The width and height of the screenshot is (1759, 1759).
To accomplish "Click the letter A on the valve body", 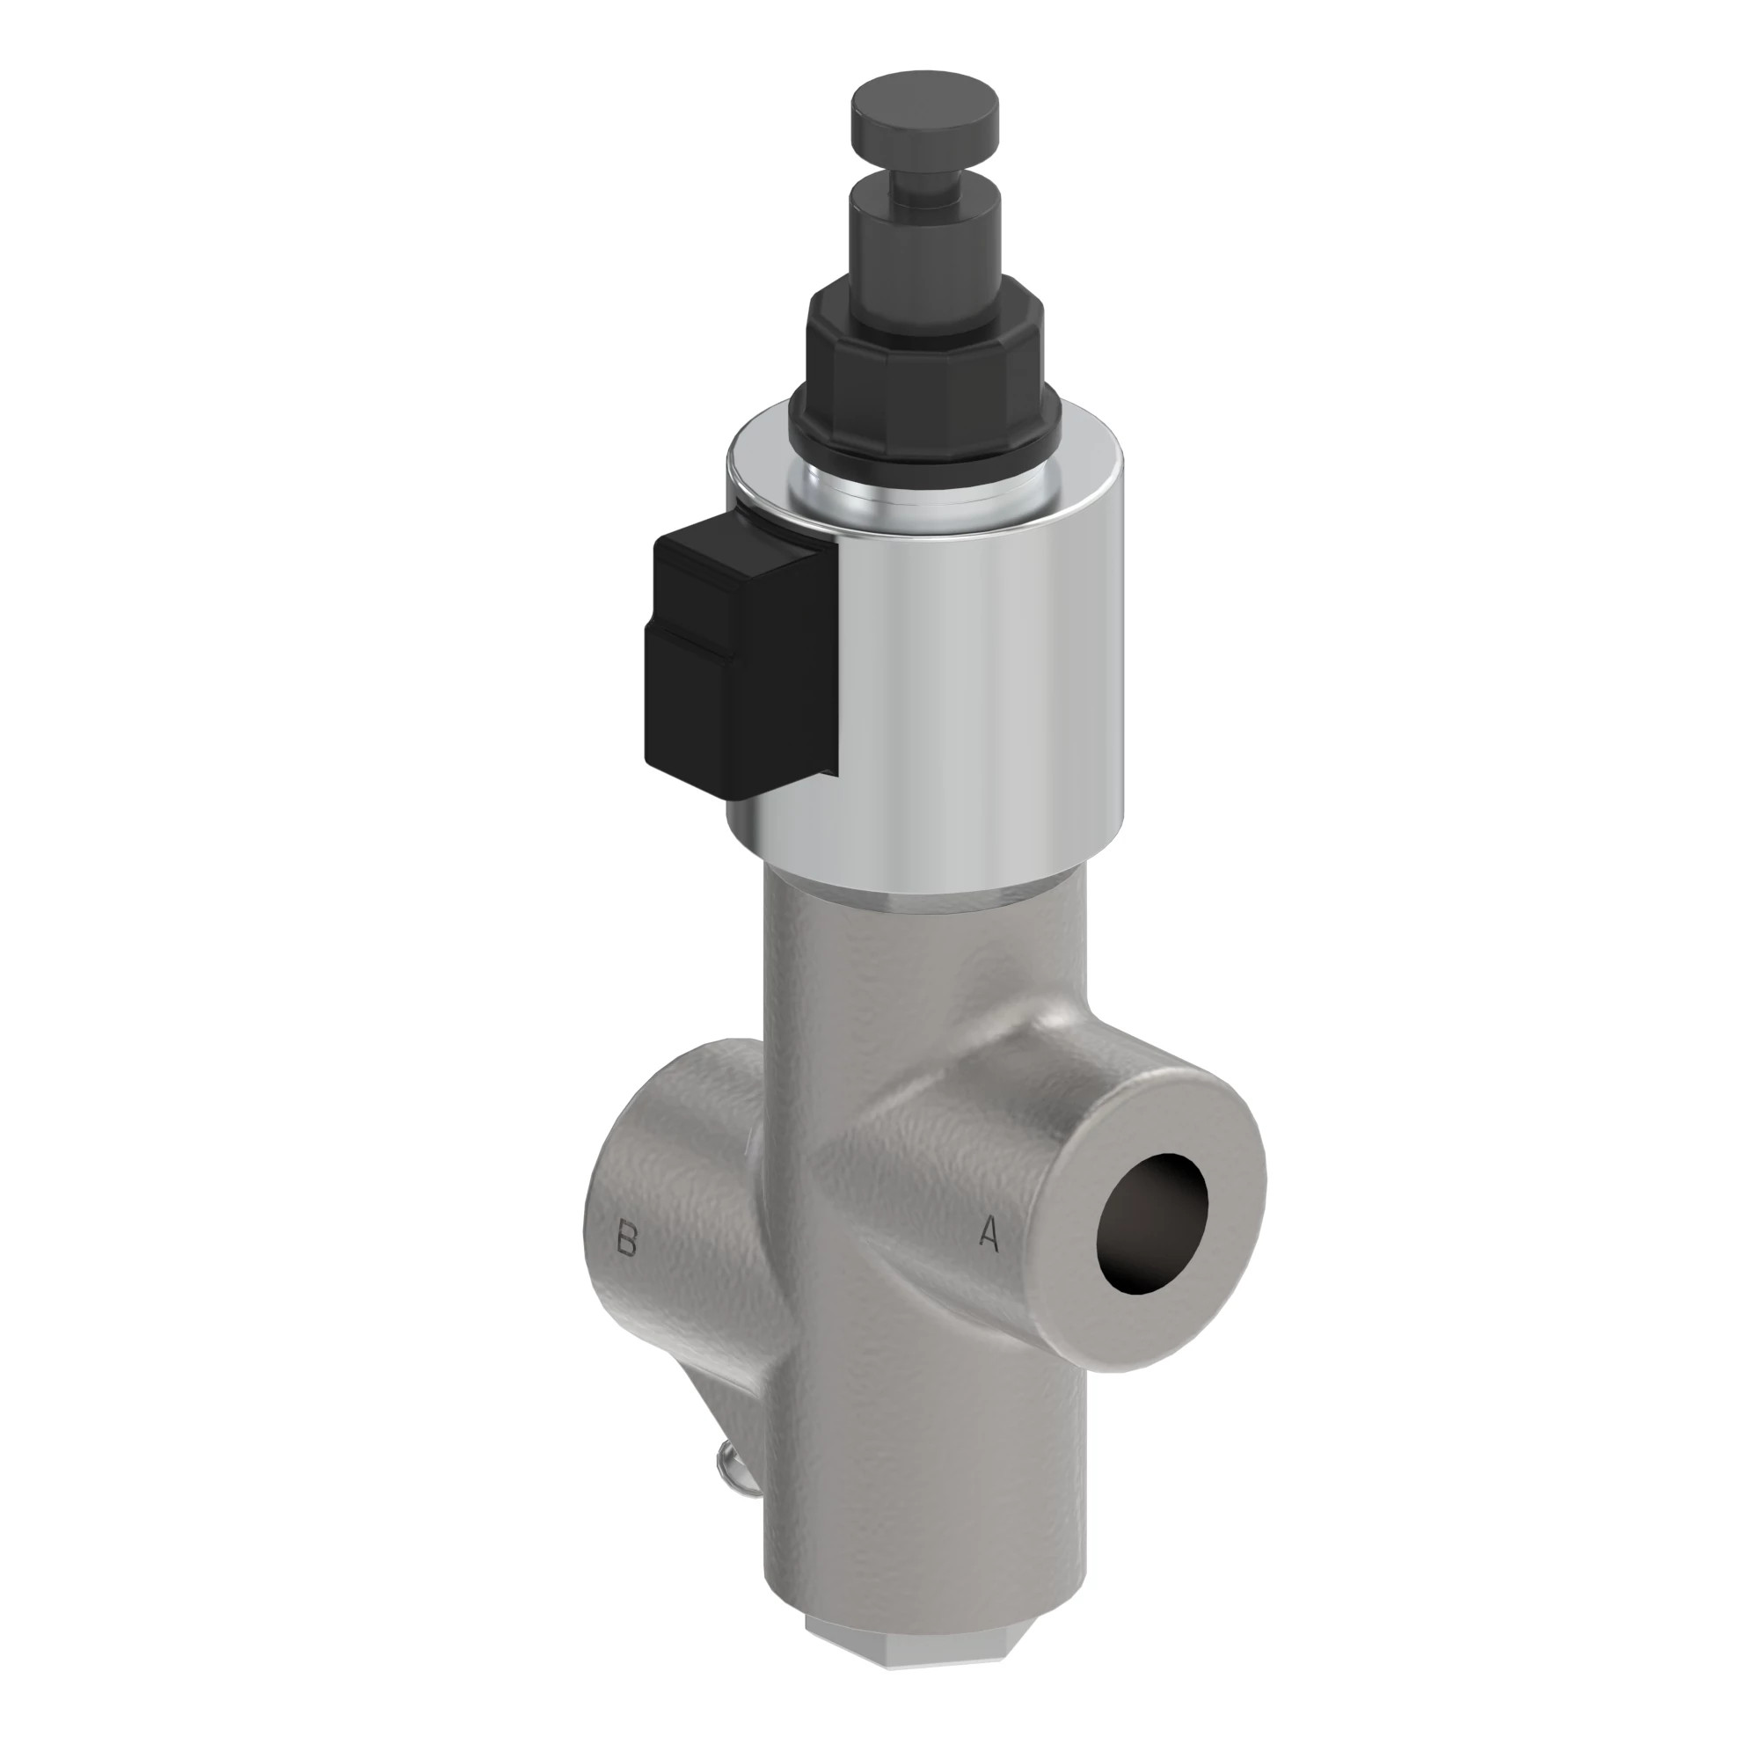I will (989, 1235).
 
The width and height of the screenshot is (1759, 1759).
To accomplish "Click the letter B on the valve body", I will (625, 1239).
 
